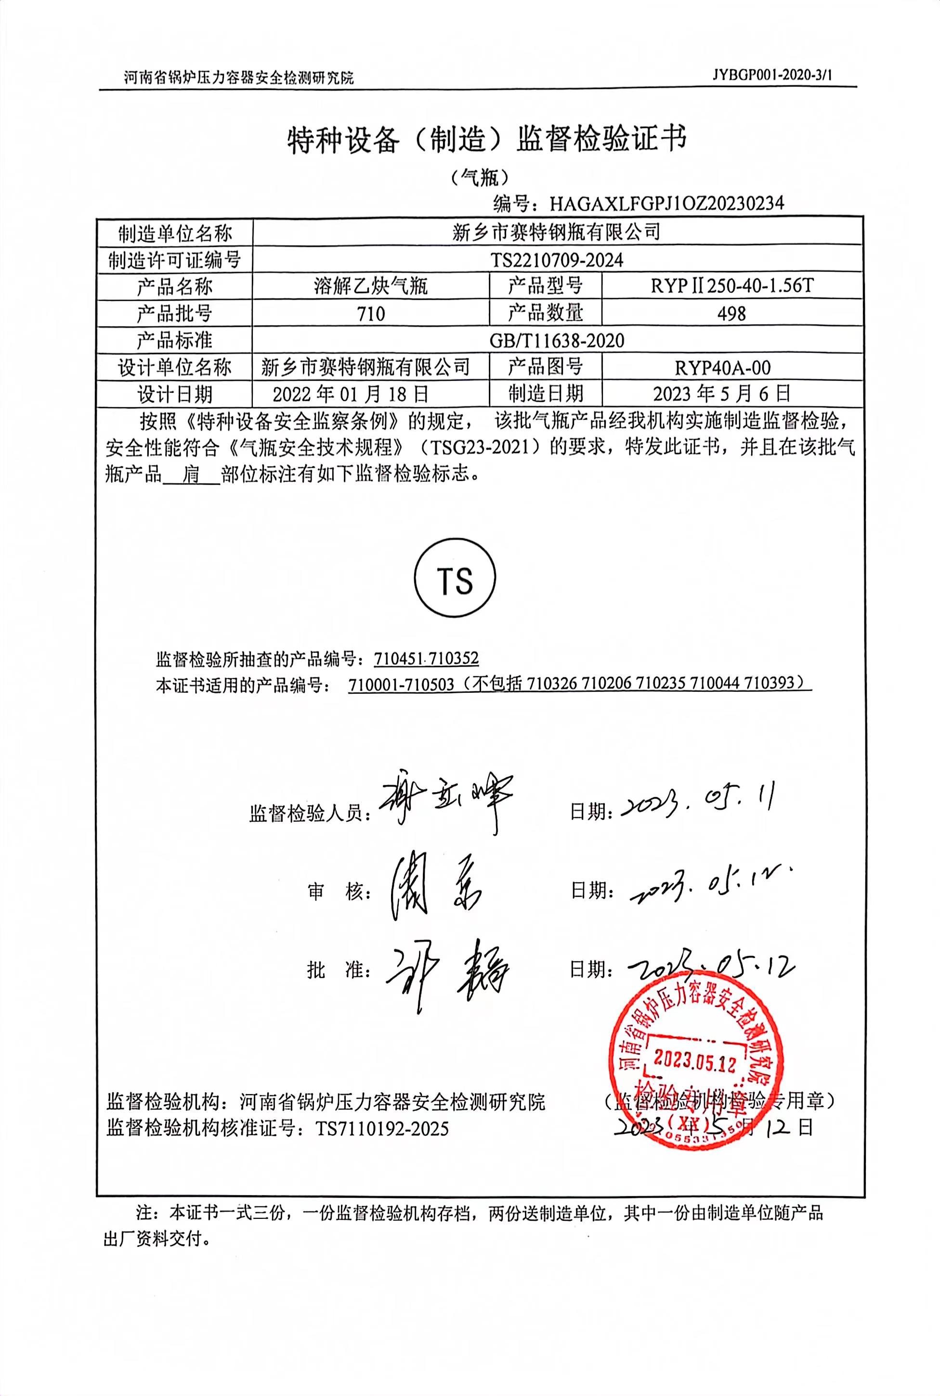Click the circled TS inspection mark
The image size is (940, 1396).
[x=455, y=580]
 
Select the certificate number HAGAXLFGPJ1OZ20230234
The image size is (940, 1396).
[x=666, y=204]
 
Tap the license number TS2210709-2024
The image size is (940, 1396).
[x=557, y=259]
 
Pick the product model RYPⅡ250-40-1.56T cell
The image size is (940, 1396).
[x=731, y=286]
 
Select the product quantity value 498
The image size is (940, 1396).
[x=731, y=313]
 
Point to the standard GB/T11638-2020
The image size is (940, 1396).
[x=557, y=340]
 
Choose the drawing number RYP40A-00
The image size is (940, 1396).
[x=731, y=367]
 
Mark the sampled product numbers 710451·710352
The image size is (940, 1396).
[x=426, y=659]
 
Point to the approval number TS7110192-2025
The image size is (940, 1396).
[x=382, y=1129]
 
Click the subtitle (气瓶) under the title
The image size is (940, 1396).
[x=480, y=177]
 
